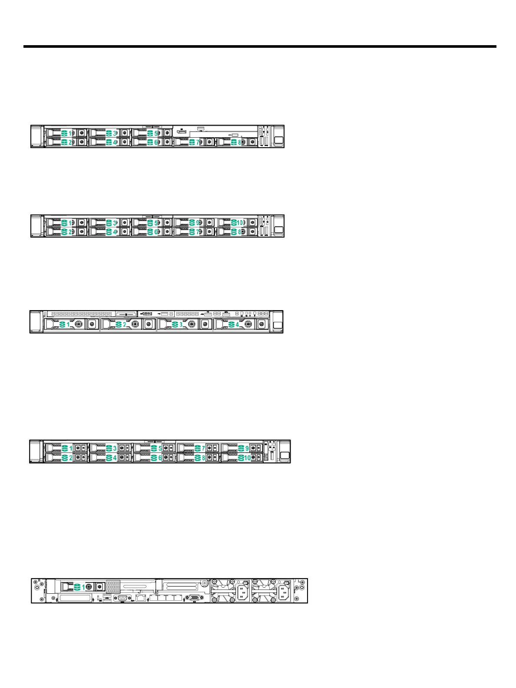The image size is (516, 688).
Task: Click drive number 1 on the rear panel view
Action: point(84,587)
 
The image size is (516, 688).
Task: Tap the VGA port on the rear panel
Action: point(193,598)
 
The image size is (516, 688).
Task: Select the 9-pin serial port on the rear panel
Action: point(122,598)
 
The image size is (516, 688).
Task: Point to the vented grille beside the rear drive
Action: point(113,586)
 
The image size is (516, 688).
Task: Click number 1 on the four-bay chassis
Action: point(68,324)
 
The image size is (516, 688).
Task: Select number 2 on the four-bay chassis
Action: point(125,324)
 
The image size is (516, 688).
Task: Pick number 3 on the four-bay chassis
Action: point(181,324)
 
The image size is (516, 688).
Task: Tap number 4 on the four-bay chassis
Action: point(237,324)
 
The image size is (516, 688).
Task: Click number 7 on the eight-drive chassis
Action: point(198,142)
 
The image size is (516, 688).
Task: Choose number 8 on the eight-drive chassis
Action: point(239,142)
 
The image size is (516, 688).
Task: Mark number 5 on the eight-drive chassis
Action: point(156,133)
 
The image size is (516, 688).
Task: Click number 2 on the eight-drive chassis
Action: point(70,142)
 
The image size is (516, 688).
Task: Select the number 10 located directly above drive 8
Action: point(240,223)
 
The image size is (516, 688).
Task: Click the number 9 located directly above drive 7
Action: point(198,223)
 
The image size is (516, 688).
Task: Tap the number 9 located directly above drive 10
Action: point(247,448)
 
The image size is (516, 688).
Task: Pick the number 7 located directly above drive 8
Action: point(203,448)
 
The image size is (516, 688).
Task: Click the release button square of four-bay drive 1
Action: point(92,324)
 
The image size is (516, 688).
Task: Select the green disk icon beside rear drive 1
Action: point(77,587)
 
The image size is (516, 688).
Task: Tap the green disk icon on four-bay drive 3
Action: point(175,324)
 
